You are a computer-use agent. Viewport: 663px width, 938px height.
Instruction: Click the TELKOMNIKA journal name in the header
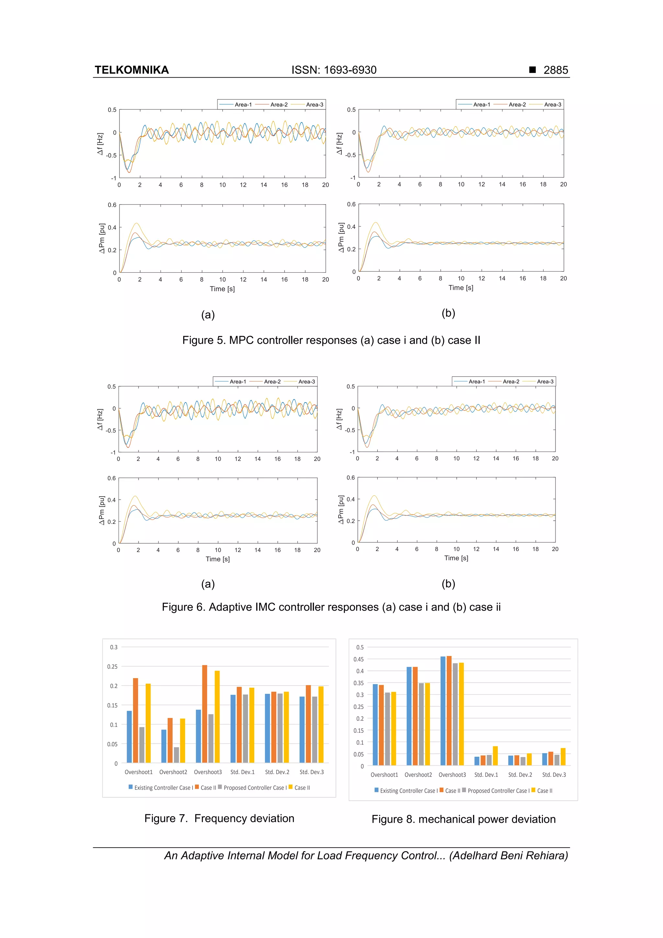pyautogui.click(x=131, y=70)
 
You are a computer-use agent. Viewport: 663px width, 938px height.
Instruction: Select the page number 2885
pyautogui.click(x=555, y=70)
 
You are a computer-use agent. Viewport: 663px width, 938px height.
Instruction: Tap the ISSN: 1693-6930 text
pyautogui.click(x=334, y=70)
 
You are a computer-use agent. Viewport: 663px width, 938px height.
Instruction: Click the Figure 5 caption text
pyautogui.click(x=331, y=340)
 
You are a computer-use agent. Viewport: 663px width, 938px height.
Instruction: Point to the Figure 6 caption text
pyautogui.click(x=331, y=607)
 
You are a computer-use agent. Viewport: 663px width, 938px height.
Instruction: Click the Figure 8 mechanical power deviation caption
pyautogui.click(x=463, y=819)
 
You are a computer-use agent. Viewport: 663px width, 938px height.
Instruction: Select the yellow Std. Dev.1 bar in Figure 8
pyautogui.click(x=495, y=755)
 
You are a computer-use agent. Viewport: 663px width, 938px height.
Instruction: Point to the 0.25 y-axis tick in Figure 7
pyautogui.click(x=112, y=666)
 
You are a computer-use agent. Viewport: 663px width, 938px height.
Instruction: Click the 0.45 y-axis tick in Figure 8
pyautogui.click(x=358, y=659)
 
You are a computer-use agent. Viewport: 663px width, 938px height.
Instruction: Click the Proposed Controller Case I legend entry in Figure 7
pyautogui.click(x=253, y=788)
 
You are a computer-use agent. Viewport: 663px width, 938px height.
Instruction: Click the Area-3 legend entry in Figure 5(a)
pyautogui.click(x=314, y=105)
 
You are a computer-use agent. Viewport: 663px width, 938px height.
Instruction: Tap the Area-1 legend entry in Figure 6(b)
pyautogui.click(x=476, y=381)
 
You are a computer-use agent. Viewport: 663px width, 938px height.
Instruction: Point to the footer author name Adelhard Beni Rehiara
pyautogui.click(x=509, y=855)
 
